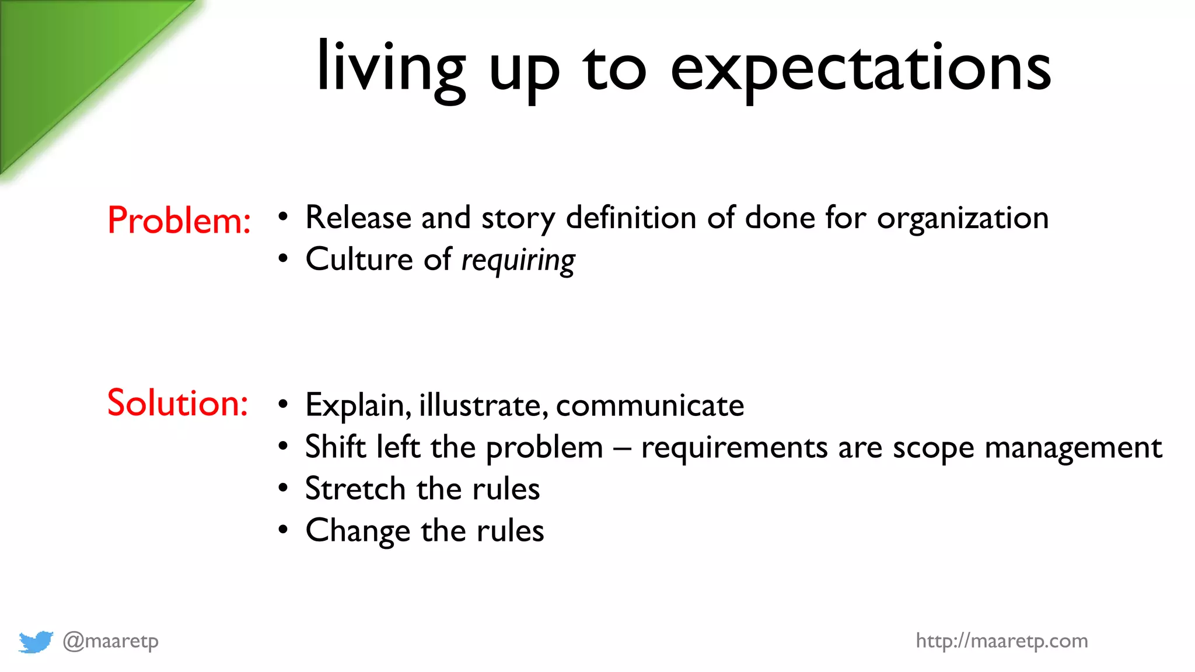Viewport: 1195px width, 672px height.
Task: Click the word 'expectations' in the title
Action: coord(861,69)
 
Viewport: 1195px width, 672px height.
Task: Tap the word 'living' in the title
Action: coord(390,69)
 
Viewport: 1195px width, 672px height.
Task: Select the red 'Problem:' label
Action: coord(179,220)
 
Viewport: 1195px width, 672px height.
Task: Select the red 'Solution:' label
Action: coord(177,402)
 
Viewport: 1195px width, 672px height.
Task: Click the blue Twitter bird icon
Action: coord(36,642)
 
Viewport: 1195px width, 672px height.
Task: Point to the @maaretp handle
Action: coord(110,641)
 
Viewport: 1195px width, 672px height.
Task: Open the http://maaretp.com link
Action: coord(1001,641)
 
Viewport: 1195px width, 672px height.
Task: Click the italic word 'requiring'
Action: coord(518,260)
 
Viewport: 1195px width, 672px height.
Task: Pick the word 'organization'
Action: coord(963,219)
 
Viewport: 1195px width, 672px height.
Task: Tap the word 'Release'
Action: coord(358,218)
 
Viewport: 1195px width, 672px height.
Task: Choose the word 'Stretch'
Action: coord(355,489)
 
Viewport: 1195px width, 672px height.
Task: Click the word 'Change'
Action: coord(358,531)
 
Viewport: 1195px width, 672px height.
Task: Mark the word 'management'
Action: coord(1074,448)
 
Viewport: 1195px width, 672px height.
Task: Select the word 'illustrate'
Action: coord(483,405)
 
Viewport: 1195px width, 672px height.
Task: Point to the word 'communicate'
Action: coord(649,405)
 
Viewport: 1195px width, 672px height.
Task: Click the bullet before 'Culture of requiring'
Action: coord(283,258)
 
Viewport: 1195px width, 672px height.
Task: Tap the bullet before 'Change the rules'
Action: coord(283,530)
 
